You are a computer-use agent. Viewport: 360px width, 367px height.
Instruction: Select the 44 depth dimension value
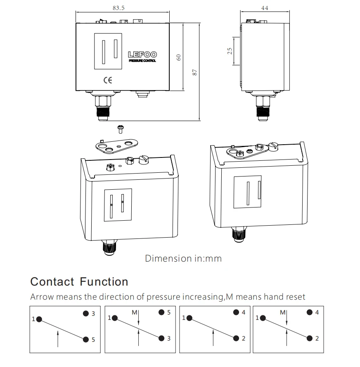[x=264, y=8]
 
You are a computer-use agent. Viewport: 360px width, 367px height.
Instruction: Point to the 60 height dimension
[x=179, y=57]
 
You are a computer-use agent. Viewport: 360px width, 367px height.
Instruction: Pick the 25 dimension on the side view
[x=230, y=50]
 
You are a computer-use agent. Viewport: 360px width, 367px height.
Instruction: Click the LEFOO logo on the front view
[x=142, y=55]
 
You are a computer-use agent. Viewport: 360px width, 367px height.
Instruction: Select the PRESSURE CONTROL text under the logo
[x=142, y=61]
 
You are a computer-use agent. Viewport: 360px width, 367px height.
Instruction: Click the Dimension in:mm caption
[x=183, y=259]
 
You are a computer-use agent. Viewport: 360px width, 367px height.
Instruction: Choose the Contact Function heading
[x=79, y=282]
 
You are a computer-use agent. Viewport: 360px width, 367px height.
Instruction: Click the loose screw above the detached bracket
[x=121, y=129]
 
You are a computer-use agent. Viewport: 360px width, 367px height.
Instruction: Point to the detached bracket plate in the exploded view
[x=117, y=145]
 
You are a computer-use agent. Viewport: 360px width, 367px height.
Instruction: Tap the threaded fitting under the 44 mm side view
[x=261, y=108]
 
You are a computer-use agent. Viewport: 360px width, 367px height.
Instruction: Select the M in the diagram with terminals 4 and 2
[x=282, y=312]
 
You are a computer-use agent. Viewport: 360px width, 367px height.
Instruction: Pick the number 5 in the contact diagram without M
[x=93, y=339]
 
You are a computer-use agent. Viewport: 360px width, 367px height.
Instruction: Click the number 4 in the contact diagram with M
[x=317, y=313]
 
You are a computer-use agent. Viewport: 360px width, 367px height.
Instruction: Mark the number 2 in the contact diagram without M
[x=244, y=338]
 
